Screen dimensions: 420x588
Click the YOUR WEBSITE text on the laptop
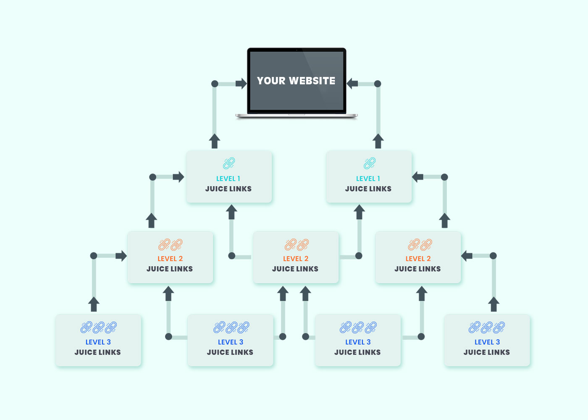point(296,81)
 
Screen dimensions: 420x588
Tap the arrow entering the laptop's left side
point(241,84)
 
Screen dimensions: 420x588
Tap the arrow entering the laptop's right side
point(352,84)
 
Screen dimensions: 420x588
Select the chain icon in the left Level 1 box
point(229,163)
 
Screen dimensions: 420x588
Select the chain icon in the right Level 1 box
point(370,163)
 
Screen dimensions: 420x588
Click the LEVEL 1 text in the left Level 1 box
point(228,178)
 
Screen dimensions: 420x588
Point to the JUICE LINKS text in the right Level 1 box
point(368,189)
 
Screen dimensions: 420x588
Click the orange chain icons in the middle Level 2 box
point(297,244)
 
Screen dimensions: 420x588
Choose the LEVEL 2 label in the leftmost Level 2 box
point(170,259)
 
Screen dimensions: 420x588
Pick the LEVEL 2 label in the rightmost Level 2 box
point(418,259)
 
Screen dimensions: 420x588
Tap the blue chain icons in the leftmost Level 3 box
point(99,327)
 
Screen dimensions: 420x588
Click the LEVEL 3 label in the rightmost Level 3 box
point(487,342)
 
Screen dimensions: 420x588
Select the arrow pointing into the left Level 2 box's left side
point(121,256)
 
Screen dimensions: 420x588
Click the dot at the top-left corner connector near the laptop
point(215,84)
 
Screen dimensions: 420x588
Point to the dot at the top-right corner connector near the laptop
point(378,84)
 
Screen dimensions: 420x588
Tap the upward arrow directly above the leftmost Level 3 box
point(94,304)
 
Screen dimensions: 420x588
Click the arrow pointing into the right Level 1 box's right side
point(418,177)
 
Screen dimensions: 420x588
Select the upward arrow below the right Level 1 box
point(359,212)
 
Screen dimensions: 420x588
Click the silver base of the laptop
point(297,115)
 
